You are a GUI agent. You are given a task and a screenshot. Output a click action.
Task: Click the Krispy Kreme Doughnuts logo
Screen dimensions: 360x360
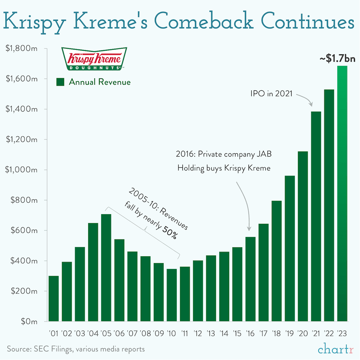click(x=93, y=59)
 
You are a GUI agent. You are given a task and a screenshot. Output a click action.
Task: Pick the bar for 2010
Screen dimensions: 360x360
click(x=172, y=295)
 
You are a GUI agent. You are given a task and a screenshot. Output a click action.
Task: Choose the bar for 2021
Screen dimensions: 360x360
click(x=316, y=216)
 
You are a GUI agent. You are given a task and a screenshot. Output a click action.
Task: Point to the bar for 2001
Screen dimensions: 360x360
click(x=54, y=298)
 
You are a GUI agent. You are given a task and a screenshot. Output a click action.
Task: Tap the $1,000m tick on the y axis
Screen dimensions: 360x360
click(x=22, y=170)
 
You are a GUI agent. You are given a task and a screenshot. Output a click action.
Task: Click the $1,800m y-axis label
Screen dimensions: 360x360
click(x=22, y=49)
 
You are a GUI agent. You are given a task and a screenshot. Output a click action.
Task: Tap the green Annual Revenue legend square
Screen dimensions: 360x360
click(x=60, y=82)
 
